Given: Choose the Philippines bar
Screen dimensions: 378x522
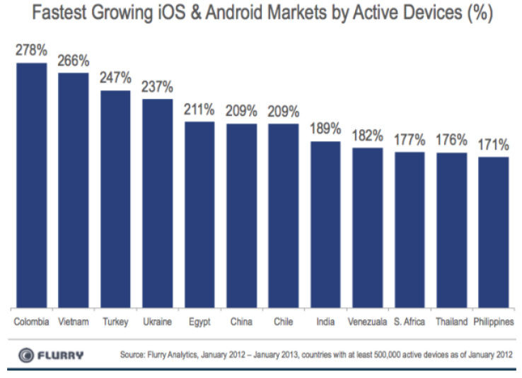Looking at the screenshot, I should click(493, 232).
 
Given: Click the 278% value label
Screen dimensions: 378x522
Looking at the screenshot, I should click(31, 52).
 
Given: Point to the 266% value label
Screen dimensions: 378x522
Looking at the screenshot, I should click(74, 61).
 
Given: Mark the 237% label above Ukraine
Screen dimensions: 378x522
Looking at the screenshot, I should click(157, 87).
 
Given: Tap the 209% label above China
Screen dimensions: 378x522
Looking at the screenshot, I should click(241, 112).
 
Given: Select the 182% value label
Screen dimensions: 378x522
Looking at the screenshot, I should click(367, 136).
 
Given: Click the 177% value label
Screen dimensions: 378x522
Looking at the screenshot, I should click(410, 140).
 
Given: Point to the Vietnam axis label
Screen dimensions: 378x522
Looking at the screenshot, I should click(74, 322).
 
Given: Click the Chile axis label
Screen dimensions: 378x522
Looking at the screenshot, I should click(283, 322).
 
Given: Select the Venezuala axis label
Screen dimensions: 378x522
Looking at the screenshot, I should click(367, 322).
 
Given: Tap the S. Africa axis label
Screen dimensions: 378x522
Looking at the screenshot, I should click(410, 322).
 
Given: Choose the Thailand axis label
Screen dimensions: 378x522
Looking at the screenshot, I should click(451, 322).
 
